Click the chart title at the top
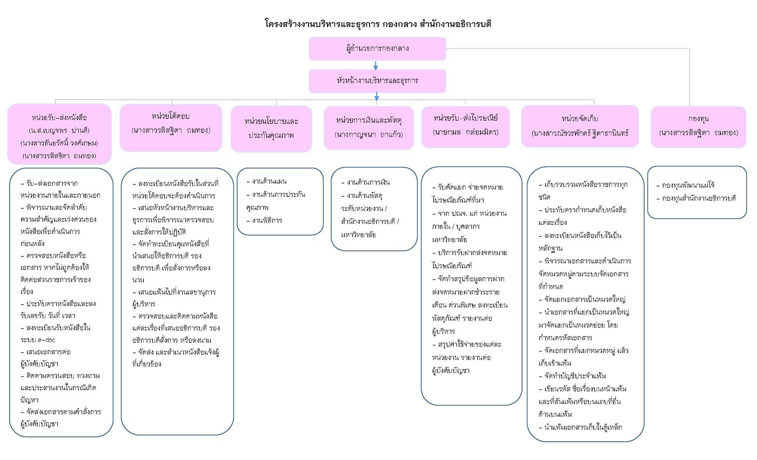378,24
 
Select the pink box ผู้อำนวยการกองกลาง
377,49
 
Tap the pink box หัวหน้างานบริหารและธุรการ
377,81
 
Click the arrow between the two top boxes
376,65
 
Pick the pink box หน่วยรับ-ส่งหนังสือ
59,134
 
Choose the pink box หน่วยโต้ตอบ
171,128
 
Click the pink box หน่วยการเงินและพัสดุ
369,128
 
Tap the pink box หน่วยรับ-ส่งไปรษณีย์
465,126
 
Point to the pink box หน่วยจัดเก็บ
580,126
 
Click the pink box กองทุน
698,126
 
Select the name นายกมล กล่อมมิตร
465,132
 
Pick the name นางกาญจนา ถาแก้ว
369,134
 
